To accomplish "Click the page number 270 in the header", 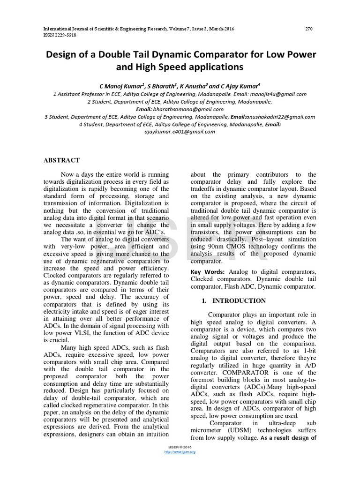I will tap(308, 29).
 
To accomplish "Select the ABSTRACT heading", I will tap(61, 160).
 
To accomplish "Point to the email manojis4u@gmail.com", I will tap(279, 94).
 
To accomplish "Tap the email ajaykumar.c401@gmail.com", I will tap(180, 132).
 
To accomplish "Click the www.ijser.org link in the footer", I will tap(180, 451).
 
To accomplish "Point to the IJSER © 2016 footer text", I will tap(180, 446).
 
